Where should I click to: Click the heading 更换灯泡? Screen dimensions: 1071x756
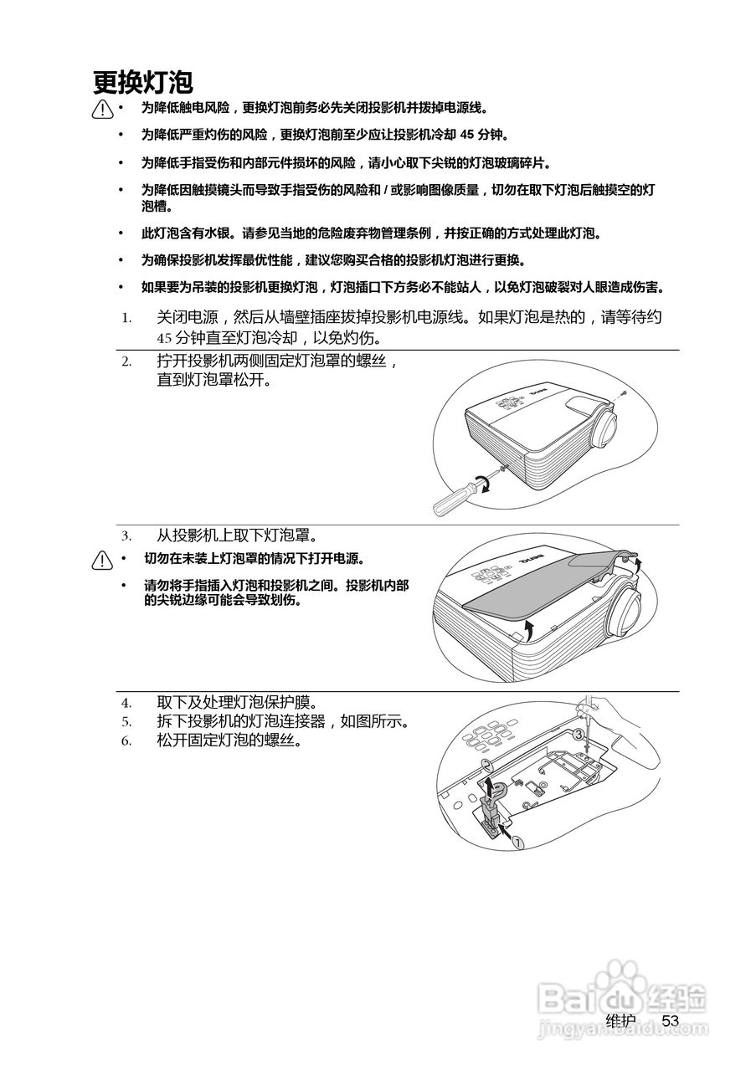tap(143, 82)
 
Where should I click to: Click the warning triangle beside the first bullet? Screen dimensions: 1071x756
tap(103, 109)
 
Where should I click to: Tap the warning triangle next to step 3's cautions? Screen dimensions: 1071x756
tap(103, 560)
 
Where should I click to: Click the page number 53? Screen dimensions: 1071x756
tap(670, 1021)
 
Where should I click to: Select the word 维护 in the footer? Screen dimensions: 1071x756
tap(620, 1021)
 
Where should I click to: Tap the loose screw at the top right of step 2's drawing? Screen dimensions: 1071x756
tap(624, 392)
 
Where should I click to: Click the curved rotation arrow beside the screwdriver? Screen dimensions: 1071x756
tap(483, 483)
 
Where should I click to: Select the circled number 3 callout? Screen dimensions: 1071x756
tap(579, 734)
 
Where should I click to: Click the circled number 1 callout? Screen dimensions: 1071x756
tap(517, 843)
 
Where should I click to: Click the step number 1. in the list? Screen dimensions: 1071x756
tap(126, 318)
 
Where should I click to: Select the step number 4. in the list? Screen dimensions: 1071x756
tap(126, 703)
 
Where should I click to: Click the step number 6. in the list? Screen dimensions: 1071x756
tap(126, 740)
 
